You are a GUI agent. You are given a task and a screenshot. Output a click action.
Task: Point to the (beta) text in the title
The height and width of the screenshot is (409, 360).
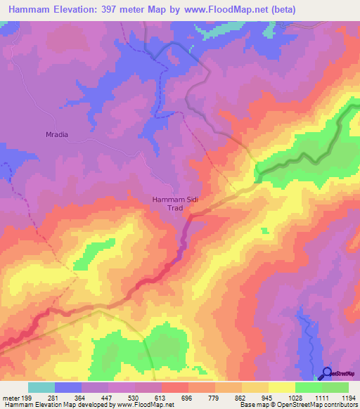click(279, 9)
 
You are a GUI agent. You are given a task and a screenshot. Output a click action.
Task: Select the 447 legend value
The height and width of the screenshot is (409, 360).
click(108, 398)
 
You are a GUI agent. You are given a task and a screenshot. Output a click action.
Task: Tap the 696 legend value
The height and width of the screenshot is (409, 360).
click(188, 398)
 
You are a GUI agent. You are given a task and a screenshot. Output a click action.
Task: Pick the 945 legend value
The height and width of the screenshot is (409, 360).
click(269, 398)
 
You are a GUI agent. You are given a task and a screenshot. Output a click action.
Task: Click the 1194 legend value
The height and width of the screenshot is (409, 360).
click(347, 398)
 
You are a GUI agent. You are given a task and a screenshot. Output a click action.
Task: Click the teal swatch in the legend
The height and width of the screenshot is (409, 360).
click(41, 387)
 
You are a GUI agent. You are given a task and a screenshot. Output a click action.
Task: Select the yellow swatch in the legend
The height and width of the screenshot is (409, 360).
click(281, 387)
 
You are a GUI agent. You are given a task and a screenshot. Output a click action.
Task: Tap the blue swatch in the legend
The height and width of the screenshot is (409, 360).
click(68, 387)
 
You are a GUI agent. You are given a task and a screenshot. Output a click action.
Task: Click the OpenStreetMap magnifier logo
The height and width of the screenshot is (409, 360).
click(328, 372)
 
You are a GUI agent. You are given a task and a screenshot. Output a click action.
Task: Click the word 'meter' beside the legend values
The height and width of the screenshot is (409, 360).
click(11, 398)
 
